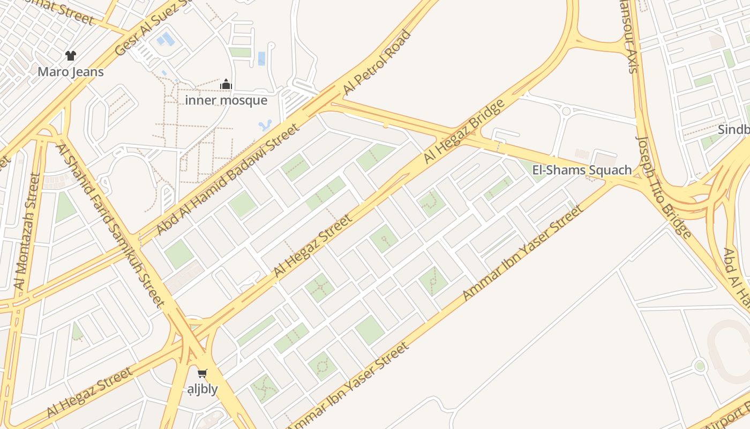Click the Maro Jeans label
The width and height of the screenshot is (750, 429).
(71, 71)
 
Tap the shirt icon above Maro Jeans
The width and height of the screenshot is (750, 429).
(71, 55)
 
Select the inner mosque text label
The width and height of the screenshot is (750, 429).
(226, 100)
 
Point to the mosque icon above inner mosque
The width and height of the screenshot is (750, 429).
(226, 84)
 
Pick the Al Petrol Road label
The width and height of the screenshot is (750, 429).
(377, 63)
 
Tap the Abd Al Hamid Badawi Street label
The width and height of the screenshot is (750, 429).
(227, 179)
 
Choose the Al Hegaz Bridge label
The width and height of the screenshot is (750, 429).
(464, 131)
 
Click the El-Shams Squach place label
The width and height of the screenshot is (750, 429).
(582, 170)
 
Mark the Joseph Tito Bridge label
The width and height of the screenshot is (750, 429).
(663, 186)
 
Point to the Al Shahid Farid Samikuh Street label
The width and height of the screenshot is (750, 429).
(110, 226)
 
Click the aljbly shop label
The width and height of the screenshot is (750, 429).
(202, 389)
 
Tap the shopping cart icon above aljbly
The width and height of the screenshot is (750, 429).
(202, 373)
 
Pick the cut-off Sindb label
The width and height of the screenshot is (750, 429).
(734, 130)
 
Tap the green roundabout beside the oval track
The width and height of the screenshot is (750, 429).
(700, 366)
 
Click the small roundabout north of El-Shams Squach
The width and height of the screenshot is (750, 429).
(566, 111)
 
